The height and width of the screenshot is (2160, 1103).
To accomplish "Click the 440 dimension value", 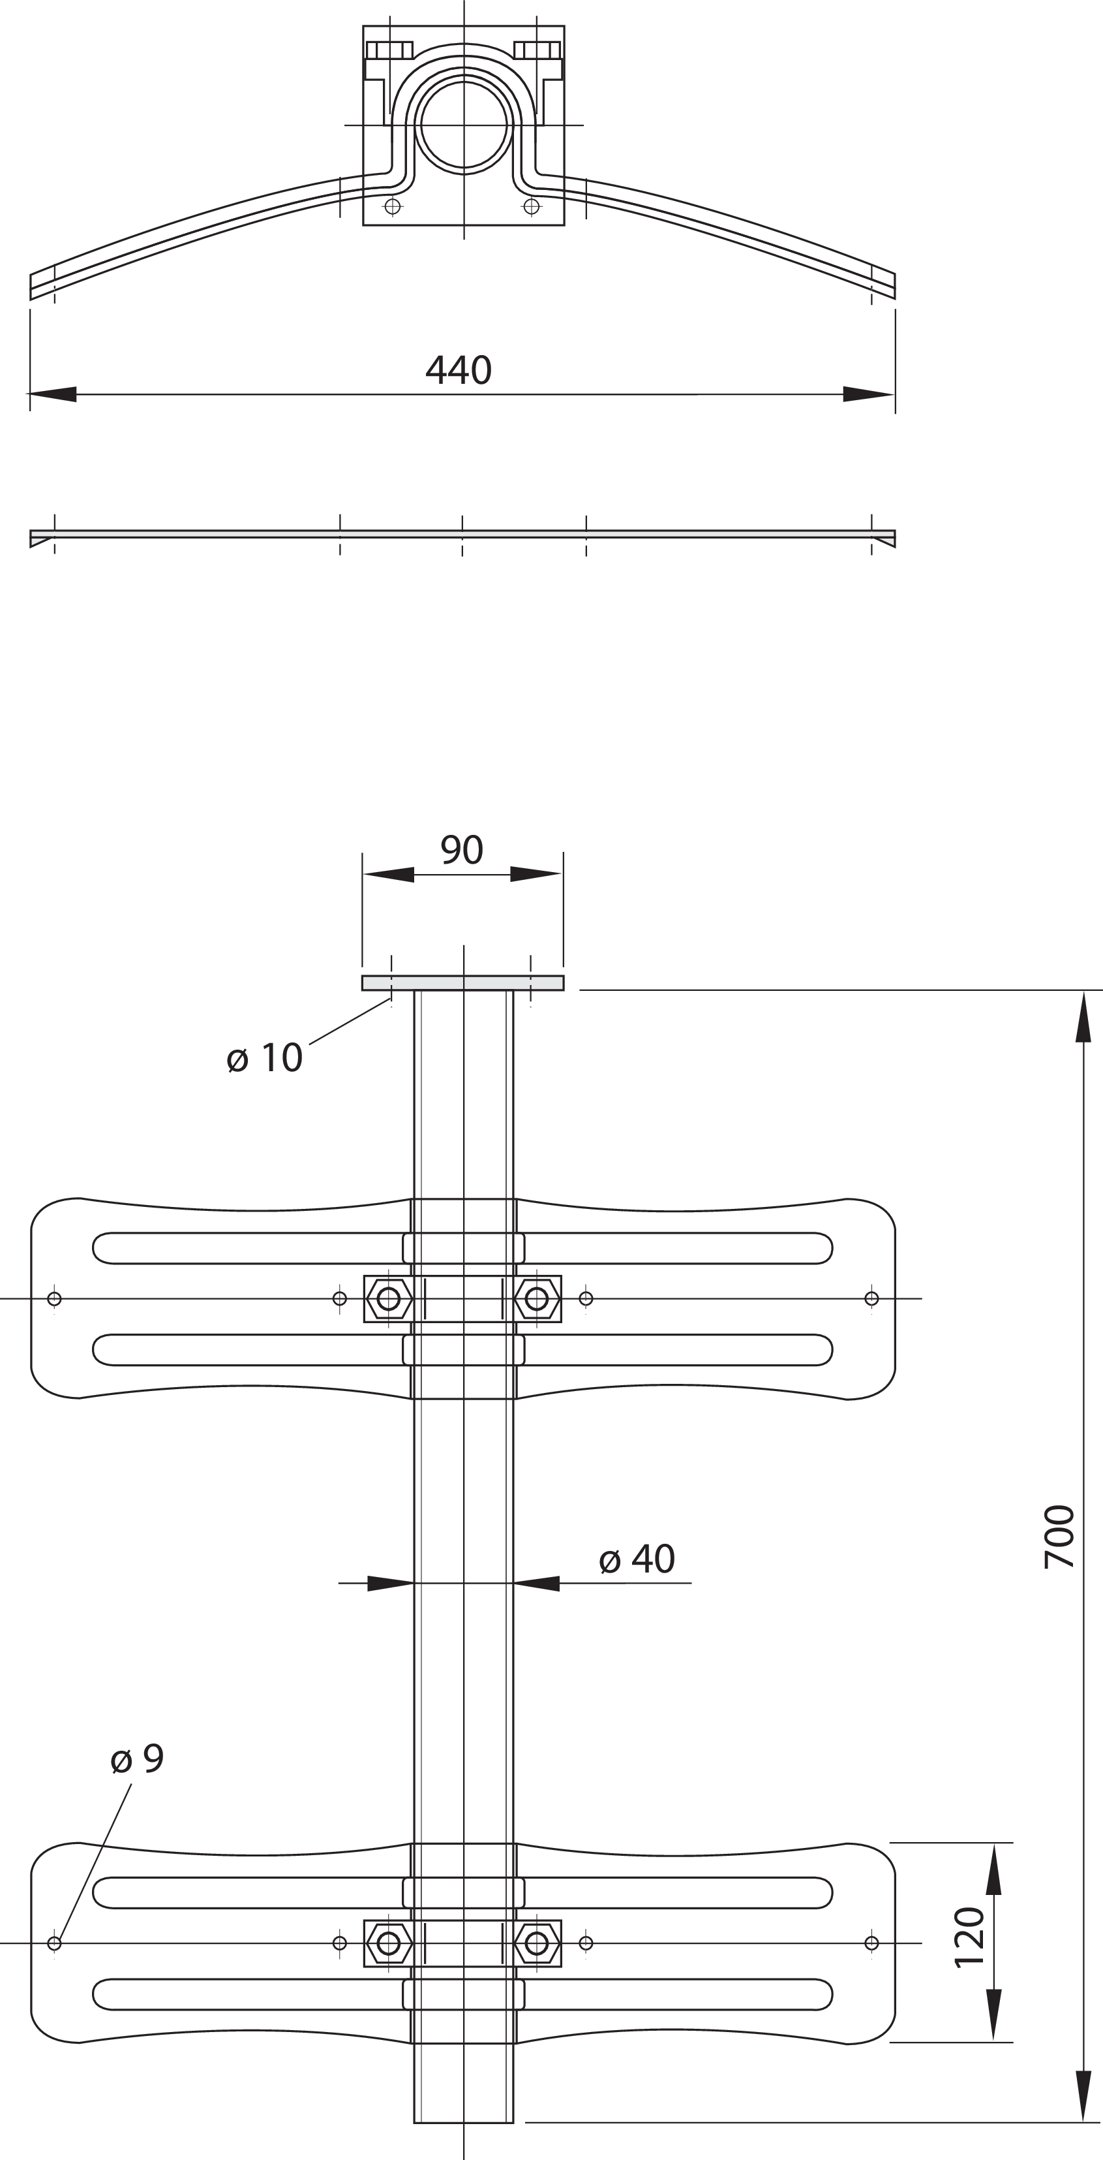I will pyautogui.click(x=459, y=369).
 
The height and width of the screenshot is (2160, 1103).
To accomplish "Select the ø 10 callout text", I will pyautogui.click(x=265, y=1058).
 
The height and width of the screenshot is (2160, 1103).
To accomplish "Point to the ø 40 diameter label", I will pyautogui.click(x=637, y=1559).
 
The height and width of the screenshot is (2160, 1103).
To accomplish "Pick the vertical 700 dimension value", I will pyautogui.click(x=1059, y=1537).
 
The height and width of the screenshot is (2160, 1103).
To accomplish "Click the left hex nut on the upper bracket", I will pyautogui.click(x=389, y=1299).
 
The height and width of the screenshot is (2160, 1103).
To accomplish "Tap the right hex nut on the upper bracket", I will pyautogui.click(x=536, y=1299).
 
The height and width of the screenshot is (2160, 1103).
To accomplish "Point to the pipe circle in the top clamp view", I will pyautogui.click(x=464, y=125).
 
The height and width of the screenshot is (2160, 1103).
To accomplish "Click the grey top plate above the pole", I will pyautogui.click(x=462, y=982).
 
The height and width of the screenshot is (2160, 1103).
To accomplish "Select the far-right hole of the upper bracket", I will pyautogui.click(x=871, y=1299).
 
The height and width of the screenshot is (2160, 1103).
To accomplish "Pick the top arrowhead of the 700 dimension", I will pyautogui.click(x=1083, y=1016).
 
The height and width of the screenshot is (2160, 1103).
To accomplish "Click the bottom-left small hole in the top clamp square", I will pyautogui.click(x=392, y=206).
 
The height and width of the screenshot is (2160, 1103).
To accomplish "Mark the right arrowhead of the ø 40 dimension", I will pyautogui.click(x=536, y=1583).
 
